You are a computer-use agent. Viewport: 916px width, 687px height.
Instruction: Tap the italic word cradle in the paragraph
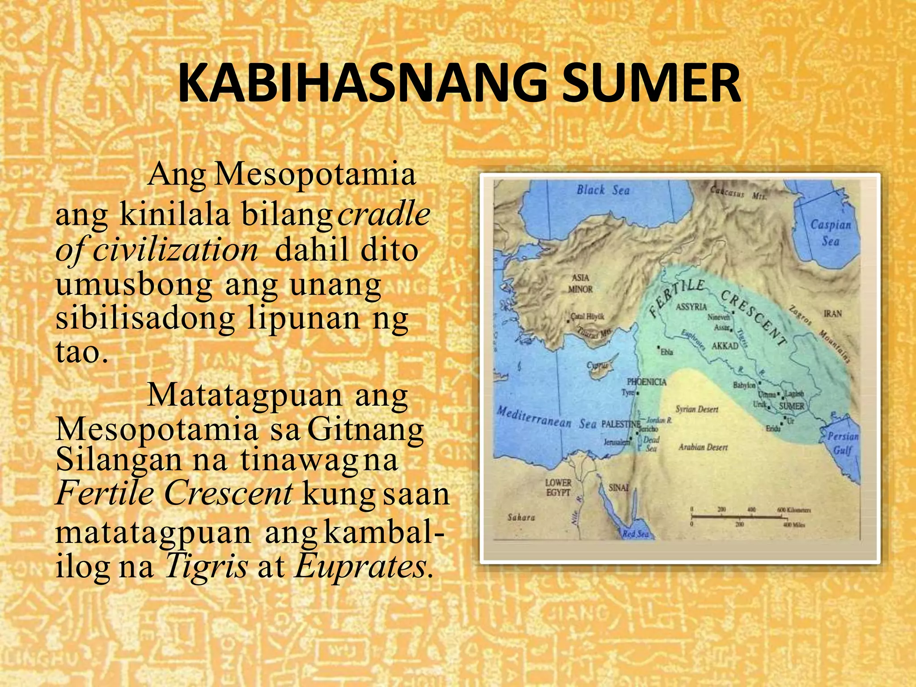384,214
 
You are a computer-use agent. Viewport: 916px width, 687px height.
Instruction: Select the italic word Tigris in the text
206,566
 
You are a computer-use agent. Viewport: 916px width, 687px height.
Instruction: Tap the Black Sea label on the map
603,191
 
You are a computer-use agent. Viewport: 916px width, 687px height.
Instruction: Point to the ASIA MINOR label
581,284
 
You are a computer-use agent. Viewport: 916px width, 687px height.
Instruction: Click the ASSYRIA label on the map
691,307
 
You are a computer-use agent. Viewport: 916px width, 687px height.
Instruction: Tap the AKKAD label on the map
725,346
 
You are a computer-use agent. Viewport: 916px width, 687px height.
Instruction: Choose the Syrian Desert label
697,409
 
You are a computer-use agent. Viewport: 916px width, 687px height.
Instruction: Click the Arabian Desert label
703,447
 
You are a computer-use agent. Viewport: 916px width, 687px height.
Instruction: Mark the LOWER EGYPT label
558,488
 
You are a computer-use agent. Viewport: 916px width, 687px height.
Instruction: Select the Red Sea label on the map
635,534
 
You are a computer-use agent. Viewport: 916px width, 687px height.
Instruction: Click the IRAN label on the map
832,314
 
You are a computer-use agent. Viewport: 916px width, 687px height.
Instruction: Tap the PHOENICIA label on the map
646,382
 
